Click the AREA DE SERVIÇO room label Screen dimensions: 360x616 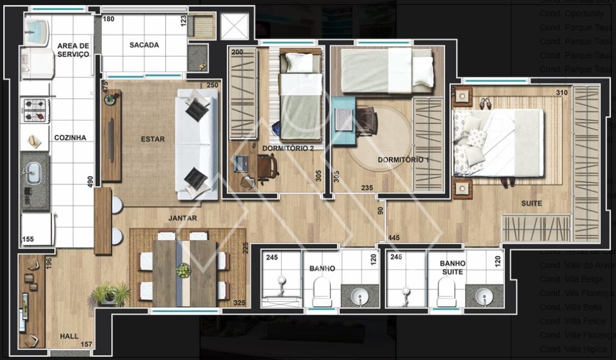(x=73, y=50)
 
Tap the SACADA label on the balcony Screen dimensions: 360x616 (x=144, y=45)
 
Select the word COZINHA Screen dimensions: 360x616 (x=70, y=138)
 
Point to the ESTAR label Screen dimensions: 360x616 (x=152, y=139)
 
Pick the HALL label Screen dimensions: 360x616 (x=69, y=336)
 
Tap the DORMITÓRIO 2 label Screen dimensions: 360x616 (x=288, y=147)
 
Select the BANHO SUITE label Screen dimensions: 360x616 (x=452, y=268)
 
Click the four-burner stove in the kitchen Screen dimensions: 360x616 (x=35, y=110)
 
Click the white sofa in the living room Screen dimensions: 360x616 (x=197, y=144)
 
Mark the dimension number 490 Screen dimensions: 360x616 (x=90, y=182)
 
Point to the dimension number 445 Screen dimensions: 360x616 (x=395, y=238)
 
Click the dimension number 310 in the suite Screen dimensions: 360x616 (x=561, y=93)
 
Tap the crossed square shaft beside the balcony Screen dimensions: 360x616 (x=234, y=26)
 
